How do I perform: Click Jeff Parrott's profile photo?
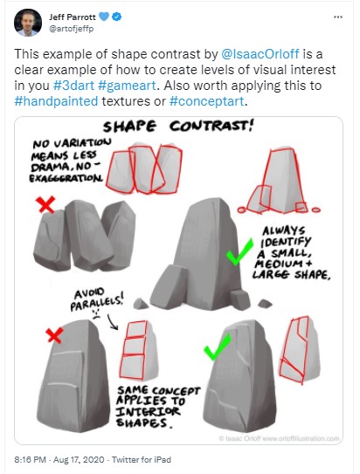click(28, 23)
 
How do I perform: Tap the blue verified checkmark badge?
click(117, 17)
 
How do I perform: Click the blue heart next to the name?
click(104, 17)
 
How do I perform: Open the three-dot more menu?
click(338, 17)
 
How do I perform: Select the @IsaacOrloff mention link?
click(260, 54)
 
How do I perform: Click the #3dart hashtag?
click(73, 86)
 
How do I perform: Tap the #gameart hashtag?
click(127, 86)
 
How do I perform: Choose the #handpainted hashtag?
click(56, 101)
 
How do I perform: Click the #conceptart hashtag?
click(206, 101)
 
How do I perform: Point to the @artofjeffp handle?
click(72, 29)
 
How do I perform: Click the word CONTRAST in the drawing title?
click(211, 126)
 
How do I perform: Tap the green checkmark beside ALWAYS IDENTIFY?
click(239, 251)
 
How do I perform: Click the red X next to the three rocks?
click(45, 204)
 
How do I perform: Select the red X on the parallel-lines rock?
click(54, 335)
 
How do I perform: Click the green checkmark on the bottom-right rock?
click(218, 347)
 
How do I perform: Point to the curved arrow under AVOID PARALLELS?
click(113, 322)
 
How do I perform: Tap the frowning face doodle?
click(96, 314)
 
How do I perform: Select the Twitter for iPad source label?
click(142, 460)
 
